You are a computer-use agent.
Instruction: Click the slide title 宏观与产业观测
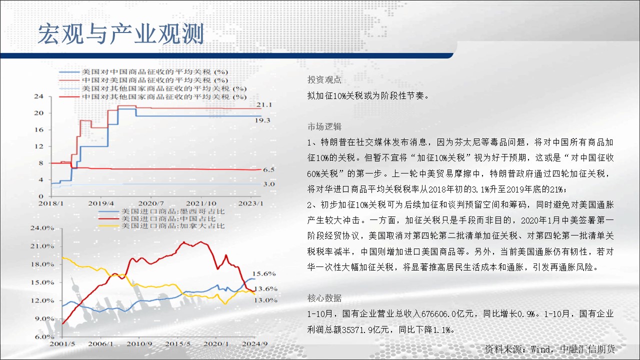[x=121, y=34]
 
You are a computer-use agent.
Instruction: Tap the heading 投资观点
[x=324, y=79]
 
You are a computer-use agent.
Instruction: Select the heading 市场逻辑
[x=324, y=126]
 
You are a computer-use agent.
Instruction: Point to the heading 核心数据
[x=324, y=298]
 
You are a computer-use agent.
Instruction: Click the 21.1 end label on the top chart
[x=264, y=105]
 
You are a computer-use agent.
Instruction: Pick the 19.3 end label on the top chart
[x=262, y=120]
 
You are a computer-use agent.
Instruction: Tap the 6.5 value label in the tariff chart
[x=268, y=169]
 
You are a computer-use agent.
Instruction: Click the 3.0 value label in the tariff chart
[x=269, y=184]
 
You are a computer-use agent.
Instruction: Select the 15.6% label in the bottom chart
[x=264, y=273]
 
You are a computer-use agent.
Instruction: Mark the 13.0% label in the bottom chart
[x=265, y=300]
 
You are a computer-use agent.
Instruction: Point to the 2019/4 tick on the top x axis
[x=101, y=203]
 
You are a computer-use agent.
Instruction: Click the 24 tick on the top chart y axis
[x=38, y=96]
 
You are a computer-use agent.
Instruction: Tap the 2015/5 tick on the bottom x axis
[x=177, y=343]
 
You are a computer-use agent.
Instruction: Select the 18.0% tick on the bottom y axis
[x=42, y=264]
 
